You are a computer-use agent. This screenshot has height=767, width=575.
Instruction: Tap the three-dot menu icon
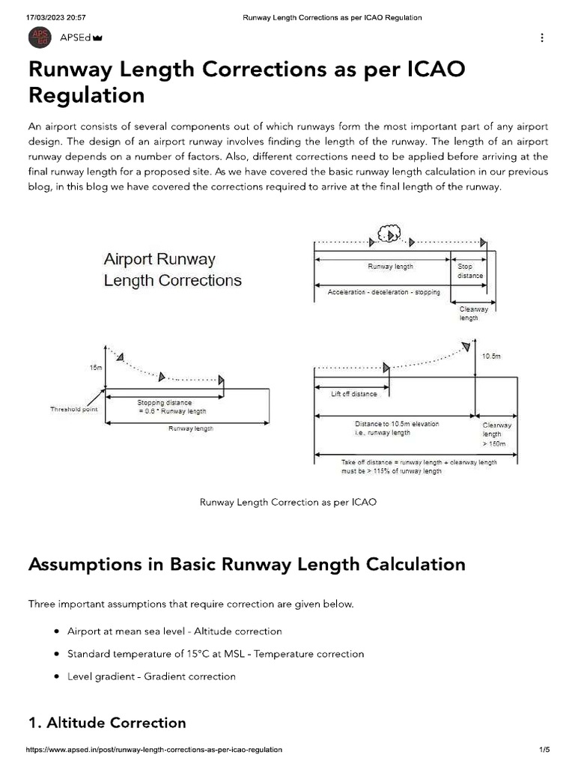541,37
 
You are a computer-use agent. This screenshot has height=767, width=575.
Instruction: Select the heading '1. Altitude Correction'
107,723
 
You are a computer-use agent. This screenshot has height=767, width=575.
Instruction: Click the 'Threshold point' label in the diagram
74,409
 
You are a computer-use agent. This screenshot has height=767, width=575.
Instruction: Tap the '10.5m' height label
491,356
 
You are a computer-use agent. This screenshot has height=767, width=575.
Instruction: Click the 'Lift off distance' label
354,394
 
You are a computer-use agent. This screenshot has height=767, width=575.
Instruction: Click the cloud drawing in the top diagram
390,234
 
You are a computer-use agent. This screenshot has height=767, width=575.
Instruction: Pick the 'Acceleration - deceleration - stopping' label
383,292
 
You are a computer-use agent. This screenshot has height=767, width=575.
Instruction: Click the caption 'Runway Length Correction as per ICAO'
287,502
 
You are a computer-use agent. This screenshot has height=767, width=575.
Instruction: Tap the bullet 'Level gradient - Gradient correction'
151,676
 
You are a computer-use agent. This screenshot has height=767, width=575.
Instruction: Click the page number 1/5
544,750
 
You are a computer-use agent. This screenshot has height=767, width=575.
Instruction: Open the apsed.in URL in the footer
154,750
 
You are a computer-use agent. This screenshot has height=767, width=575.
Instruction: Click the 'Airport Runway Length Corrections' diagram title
172,270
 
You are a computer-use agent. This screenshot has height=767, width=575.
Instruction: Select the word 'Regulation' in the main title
86,95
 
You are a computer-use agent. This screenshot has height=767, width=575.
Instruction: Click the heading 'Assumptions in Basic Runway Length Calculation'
246,564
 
